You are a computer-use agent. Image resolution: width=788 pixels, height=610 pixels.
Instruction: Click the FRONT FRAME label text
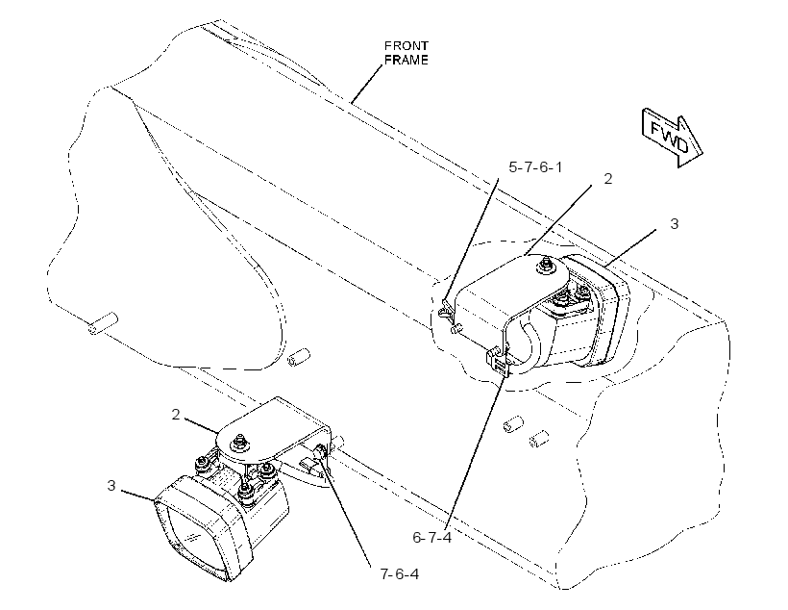point(406,53)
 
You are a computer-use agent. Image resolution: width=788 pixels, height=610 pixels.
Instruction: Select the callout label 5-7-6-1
point(535,167)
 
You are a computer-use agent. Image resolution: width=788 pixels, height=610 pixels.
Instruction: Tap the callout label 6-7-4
point(432,538)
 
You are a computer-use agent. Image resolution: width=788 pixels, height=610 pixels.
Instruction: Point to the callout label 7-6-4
point(400,573)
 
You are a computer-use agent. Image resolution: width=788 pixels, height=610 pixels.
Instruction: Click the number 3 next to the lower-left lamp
point(111,486)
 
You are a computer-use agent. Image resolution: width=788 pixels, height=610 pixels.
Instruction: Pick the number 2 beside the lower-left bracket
point(176,415)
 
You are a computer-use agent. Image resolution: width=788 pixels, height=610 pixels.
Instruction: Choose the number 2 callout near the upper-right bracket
point(608,179)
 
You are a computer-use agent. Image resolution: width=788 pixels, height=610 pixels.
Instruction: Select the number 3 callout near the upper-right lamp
point(675,224)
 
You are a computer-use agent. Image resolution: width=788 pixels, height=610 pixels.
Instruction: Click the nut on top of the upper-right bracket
point(545,266)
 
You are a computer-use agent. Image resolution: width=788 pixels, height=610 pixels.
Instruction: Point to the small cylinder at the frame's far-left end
point(103,323)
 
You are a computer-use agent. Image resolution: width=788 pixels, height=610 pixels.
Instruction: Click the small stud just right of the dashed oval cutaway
point(299,356)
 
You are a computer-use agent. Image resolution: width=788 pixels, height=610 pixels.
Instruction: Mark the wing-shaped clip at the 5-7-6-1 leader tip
point(445,312)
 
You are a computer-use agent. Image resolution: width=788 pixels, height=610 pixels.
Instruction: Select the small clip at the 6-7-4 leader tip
point(498,362)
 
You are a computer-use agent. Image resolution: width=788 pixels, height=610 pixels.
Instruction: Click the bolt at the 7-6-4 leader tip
point(320,451)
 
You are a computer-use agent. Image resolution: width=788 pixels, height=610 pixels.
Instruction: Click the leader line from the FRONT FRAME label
point(367,84)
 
